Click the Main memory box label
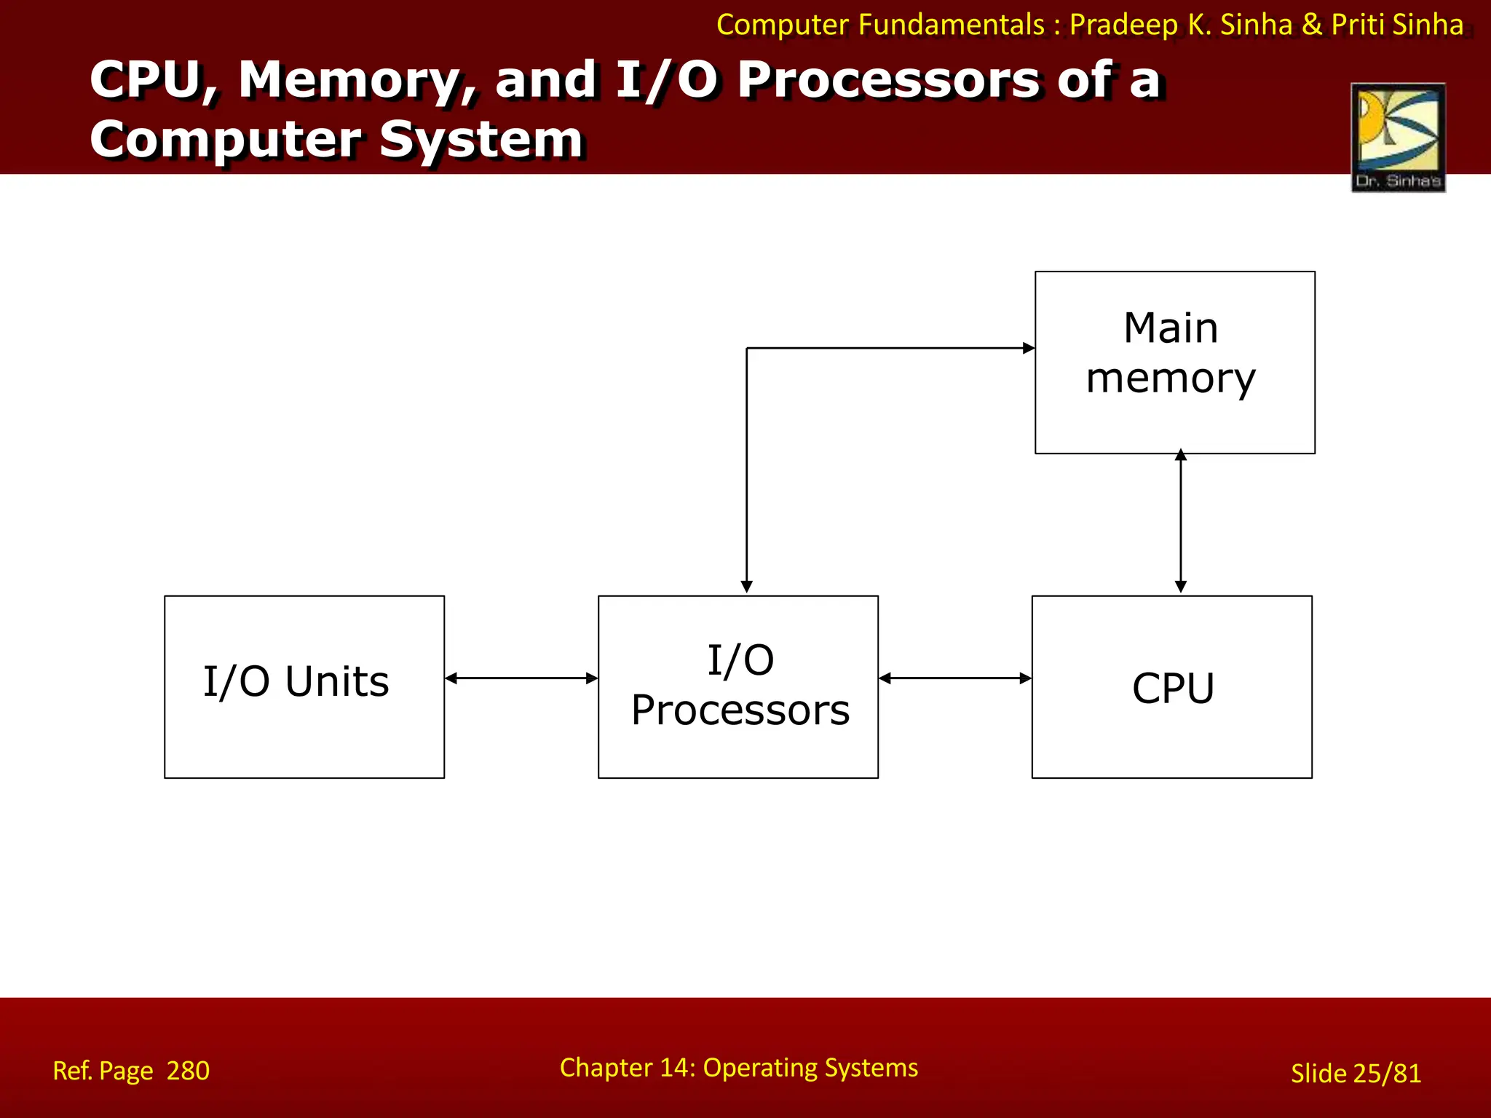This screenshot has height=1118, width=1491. pos(1171,353)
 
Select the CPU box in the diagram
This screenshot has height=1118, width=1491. pos(1172,687)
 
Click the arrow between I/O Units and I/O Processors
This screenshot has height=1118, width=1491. pos(521,678)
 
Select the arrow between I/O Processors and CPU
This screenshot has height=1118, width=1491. pos(955,678)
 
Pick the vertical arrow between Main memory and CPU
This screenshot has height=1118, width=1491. pos(1181,521)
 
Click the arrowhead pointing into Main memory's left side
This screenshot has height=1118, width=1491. pos(1028,348)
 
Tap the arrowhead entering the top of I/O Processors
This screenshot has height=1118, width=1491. pos(746,587)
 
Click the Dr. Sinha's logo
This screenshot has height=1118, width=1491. pos(1398,138)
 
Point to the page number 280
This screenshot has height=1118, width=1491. pos(188,1071)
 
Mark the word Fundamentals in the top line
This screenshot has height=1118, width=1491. pos(951,25)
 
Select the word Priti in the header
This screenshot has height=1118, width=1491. pos(1358,25)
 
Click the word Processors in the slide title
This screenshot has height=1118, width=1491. pos(889,80)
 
